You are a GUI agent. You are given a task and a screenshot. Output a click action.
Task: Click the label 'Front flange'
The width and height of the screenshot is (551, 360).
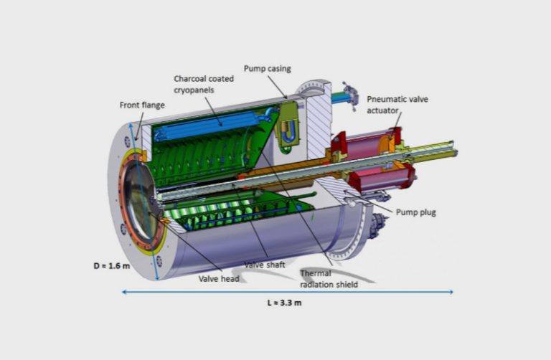(x=142, y=105)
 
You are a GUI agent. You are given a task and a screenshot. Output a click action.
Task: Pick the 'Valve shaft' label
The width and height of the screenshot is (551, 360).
(x=265, y=265)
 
